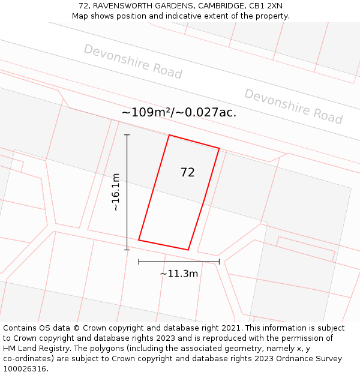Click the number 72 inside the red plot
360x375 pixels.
click(x=187, y=173)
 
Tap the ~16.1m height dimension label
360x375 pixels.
click(x=115, y=192)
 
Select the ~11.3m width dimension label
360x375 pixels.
click(x=179, y=274)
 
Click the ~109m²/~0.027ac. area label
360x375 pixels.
click(x=179, y=112)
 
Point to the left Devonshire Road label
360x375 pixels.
click(x=133, y=61)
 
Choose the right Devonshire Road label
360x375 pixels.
click(x=293, y=106)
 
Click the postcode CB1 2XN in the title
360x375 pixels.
click(x=266, y=6)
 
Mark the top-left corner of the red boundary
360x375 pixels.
click(x=169, y=135)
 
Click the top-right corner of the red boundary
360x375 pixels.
click(x=219, y=148)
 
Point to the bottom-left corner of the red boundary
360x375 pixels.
click(x=139, y=240)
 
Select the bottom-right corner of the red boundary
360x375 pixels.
click(x=188, y=250)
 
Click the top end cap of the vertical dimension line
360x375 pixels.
click(x=127, y=135)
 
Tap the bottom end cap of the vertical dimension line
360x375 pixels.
click(x=127, y=250)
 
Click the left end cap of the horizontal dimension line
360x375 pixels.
click(x=139, y=262)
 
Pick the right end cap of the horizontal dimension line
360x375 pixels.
click(x=219, y=262)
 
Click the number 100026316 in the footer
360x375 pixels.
click(x=24, y=369)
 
